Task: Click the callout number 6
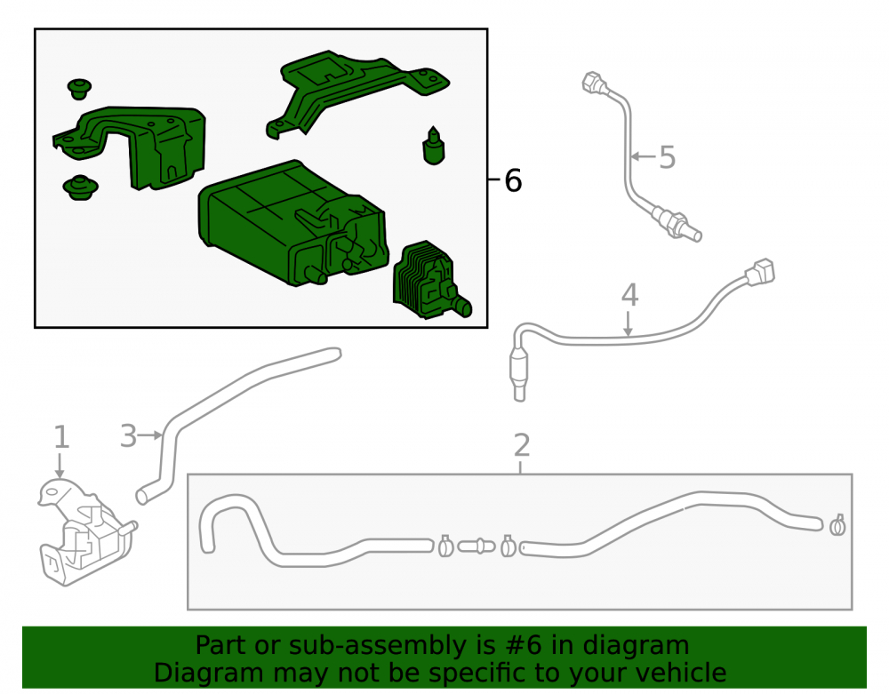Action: click(513, 180)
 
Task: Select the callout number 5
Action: click(668, 157)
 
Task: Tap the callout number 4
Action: click(630, 295)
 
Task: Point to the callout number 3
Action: click(129, 436)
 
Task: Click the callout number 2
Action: click(522, 445)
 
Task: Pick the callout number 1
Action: click(61, 437)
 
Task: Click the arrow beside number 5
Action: click(643, 156)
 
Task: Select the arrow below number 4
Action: click(628, 323)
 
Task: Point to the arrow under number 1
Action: click(60, 466)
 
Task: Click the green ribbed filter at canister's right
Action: click(431, 281)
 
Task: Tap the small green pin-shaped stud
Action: click(434, 146)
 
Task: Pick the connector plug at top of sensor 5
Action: click(595, 83)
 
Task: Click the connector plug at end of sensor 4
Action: click(760, 271)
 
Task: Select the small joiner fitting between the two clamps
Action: click(477, 546)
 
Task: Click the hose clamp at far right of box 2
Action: click(837, 525)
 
